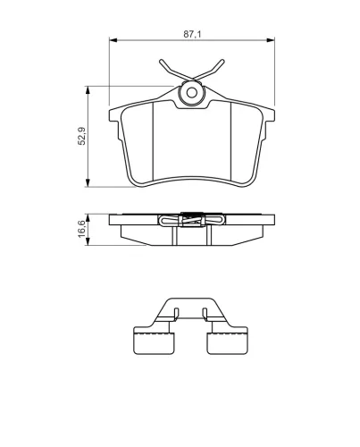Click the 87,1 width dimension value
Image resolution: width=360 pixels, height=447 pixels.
[x=192, y=34]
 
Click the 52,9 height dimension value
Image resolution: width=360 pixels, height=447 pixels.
[x=81, y=136]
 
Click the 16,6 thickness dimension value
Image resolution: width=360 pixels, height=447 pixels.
[x=82, y=229]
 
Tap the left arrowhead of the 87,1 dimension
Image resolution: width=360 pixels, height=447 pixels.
[x=113, y=40]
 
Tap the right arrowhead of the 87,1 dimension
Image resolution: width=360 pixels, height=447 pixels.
[x=271, y=40]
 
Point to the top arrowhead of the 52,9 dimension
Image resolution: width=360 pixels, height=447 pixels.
[x=88, y=90]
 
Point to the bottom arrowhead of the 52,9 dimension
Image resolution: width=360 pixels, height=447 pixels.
[x=88, y=183]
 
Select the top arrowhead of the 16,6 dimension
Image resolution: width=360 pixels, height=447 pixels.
[x=88, y=218]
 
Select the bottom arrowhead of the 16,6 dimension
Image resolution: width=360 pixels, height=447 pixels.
[x=88, y=241]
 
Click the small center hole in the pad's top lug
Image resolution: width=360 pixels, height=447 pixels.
[x=192, y=93]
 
